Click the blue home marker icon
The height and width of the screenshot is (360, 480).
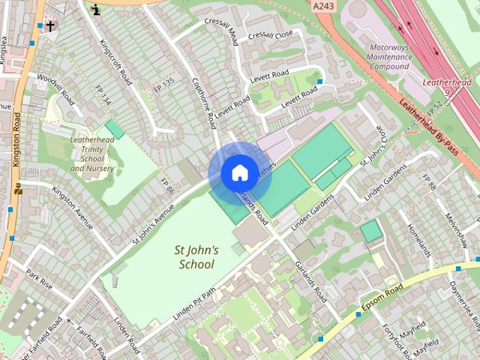238,172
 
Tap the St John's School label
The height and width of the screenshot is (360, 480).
196,257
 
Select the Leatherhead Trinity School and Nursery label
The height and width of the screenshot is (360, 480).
92,154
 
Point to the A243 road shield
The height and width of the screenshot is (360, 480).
324,6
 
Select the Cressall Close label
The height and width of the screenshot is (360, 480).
271,35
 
